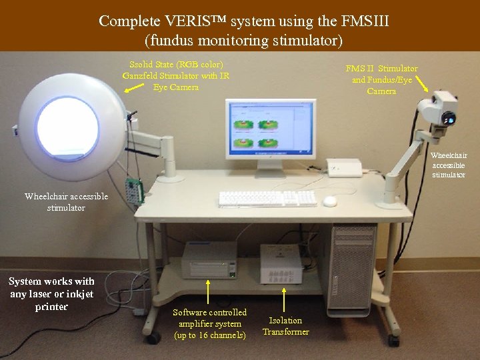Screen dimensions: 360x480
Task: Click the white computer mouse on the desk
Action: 329,201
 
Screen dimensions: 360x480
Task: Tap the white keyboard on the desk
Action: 267,198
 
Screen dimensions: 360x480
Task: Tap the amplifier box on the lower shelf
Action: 209,260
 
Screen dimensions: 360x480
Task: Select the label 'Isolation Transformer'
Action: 285,326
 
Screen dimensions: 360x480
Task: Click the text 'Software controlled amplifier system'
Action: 209,323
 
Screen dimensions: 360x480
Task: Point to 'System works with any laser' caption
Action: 52,294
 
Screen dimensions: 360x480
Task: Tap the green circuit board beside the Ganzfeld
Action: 135,191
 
